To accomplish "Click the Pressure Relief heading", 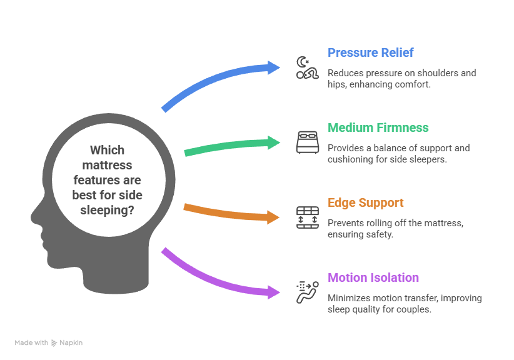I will [x=370, y=52].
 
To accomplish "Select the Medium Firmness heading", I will [x=378, y=127].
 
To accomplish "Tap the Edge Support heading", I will [x=366, y=202].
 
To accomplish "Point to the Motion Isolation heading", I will [x=373, y=277].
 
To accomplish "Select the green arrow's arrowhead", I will [x=275, y=142].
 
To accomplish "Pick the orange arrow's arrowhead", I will [x=275, y=217].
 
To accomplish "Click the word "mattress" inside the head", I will [x=107, y=166].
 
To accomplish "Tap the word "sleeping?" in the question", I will [x=107, y=211].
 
